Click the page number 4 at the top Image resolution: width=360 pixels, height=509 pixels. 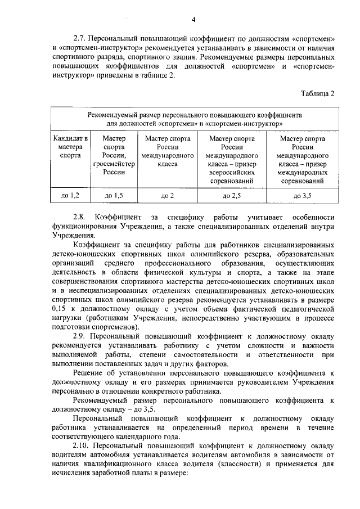193,21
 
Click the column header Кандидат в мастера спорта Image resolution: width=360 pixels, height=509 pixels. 70,146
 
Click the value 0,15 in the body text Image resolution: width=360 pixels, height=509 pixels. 58,309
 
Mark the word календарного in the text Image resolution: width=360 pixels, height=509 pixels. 142,436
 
